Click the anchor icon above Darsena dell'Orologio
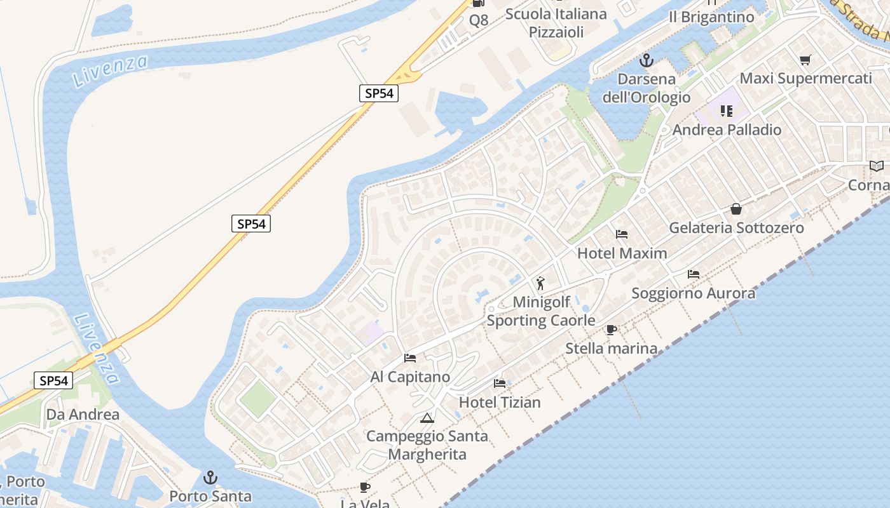pyautogui.click(x=646, y=61)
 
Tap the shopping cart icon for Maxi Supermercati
pyautogui.click(x=805, y=60)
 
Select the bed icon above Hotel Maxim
pyautogui.click(x=622, y=234)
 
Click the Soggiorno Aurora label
pyautogui.click(x=693, y=293)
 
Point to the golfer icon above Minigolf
pyautogui.click(x=540, y=283)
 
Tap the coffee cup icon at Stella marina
pyautogui.click(x=612, y=330)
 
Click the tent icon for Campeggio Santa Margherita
pyautogui.click(x=427, y=418)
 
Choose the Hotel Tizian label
pyautogui.click(x=500, y=402)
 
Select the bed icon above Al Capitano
pyautogui.click(x=410, y=358)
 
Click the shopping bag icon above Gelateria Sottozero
pyautogui.click(x=736, y=209)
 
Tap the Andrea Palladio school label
pyautogui.click(x=727, y=130)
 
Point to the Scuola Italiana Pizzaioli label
pyautogui.click(x=556, y=23)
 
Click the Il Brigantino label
pyautogui.click(x=711, y=17)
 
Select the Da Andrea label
pyautogui.click(x=83, y=415)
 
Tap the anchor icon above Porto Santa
pyautogui.click(x=210, y=478)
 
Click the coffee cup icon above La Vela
pyautogui.click(x=365, y=487)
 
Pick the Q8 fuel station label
pyautogui.click(x=479, y=20)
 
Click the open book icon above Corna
pyautogui.click(x=877, y=166)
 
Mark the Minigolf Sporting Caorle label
pyautogui.click(x=541, y=311)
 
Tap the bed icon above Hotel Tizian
pyautogui.click(x=500, y=384)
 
